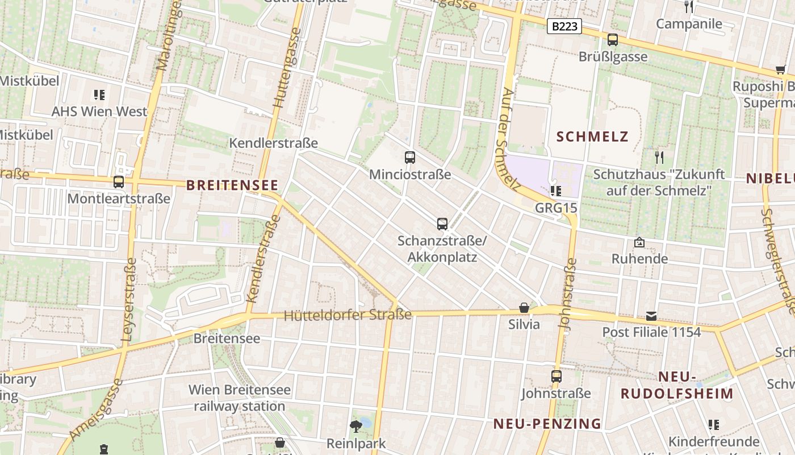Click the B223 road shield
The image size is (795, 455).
(564, 26)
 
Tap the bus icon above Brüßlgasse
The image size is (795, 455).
(612, 40)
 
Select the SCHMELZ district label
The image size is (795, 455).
(592, 136)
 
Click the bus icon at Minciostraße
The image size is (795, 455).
(410, 158)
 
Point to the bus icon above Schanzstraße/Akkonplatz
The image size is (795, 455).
(442, 224)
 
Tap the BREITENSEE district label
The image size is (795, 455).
(232, 185)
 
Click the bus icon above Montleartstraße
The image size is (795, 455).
(119, 182)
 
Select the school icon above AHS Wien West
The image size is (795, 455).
(99, 94)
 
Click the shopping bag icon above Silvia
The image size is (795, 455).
(524, 308)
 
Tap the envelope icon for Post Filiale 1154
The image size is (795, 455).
(651, 316)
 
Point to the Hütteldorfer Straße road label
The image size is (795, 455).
(348, 315)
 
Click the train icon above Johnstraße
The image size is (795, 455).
(556, 377)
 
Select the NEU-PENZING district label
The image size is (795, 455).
(547, 424)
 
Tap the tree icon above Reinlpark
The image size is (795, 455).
(356, 426)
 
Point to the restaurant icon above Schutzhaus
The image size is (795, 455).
(659, 157)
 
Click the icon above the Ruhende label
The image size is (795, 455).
(639, 242)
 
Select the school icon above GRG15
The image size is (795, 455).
(556, 191)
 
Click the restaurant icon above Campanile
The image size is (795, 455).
(689, 7)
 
